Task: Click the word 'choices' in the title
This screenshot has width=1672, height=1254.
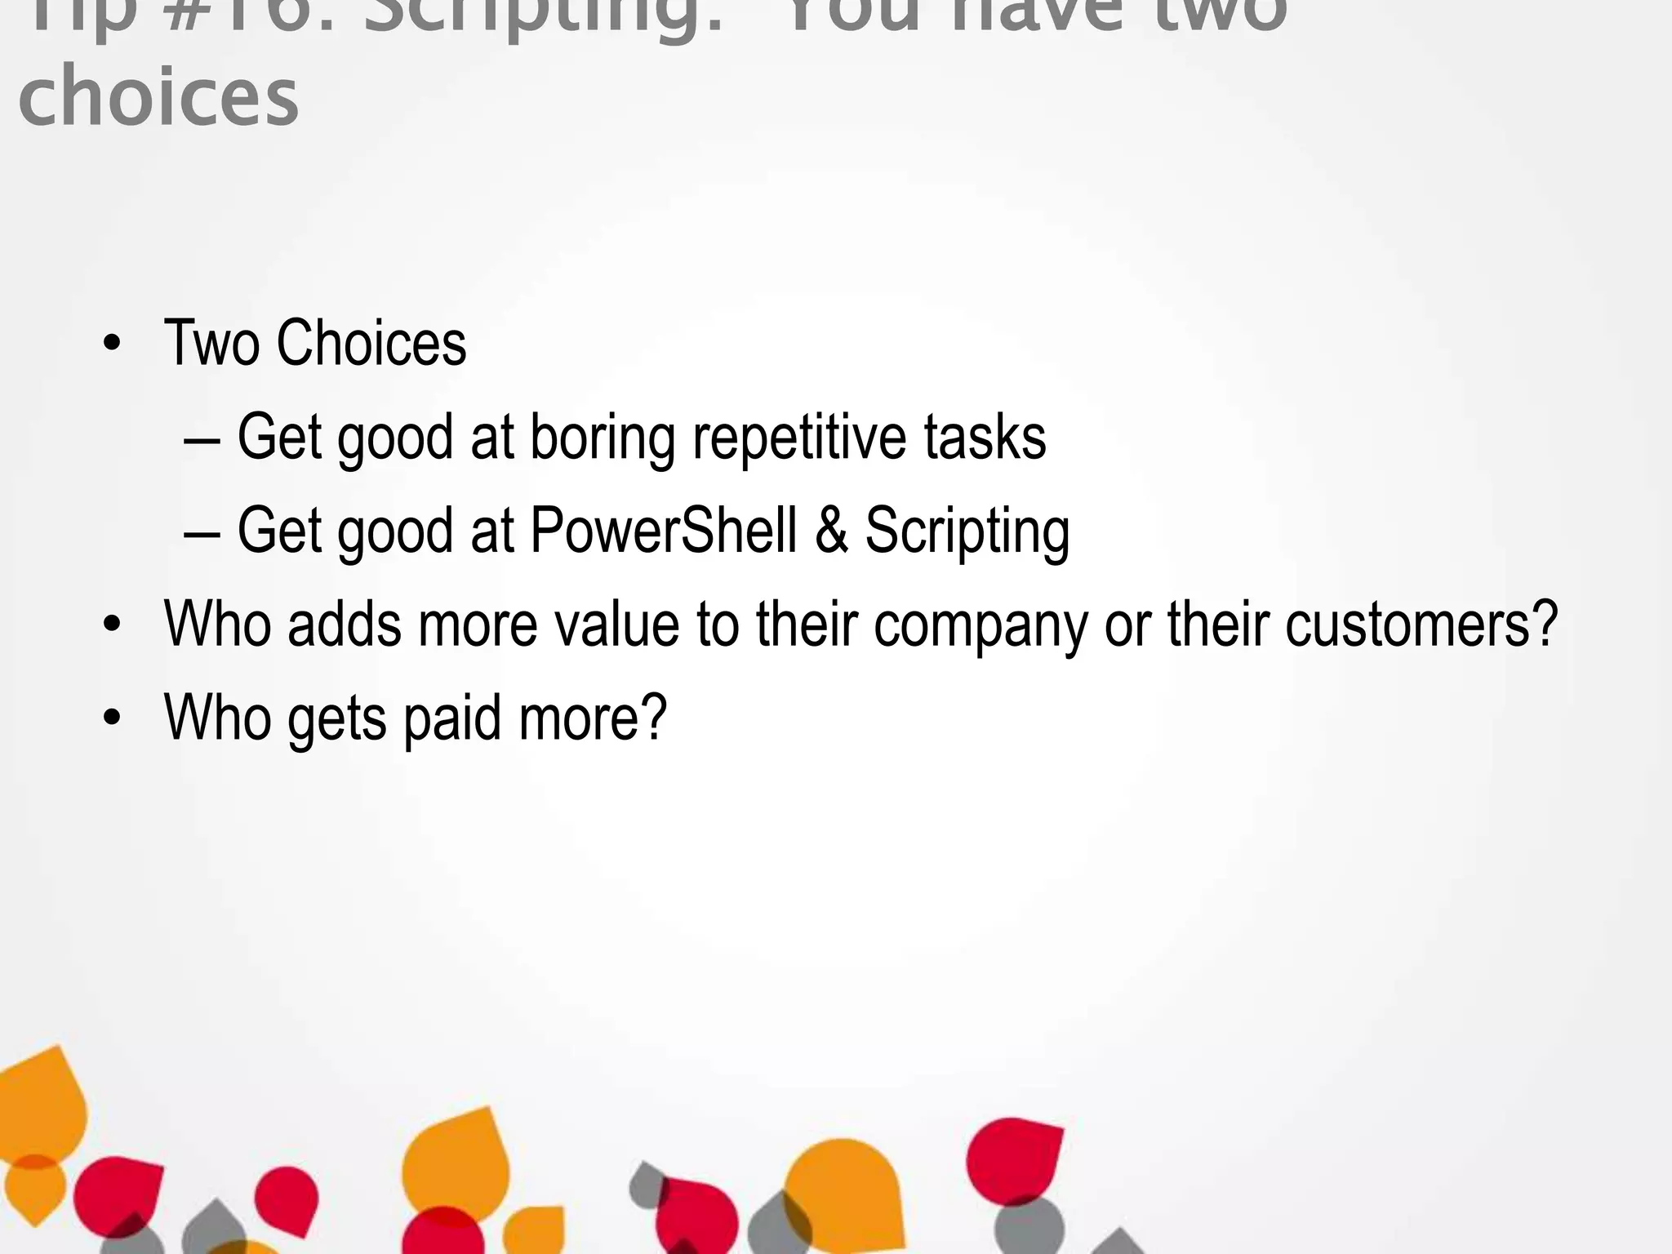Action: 158,96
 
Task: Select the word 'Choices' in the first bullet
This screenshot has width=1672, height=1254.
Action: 371,343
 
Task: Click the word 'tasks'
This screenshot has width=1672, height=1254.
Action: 985,438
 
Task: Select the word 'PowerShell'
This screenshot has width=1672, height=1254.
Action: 663,531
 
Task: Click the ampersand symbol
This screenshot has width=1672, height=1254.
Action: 831,531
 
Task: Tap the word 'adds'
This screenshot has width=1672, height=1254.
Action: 344,624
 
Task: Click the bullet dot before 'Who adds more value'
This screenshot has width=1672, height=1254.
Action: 112,625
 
